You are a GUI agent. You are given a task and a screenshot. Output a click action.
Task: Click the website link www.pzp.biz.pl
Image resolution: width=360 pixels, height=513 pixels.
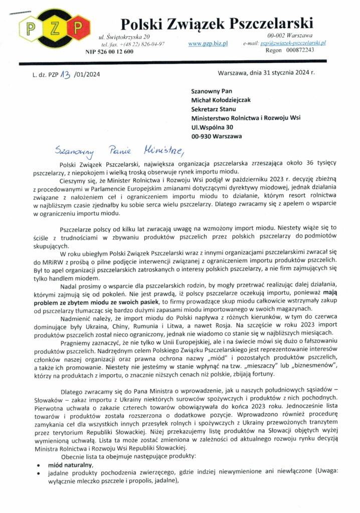click(208, 44)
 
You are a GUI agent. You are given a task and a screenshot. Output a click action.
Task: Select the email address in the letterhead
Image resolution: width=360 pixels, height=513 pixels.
click(293, 44)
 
